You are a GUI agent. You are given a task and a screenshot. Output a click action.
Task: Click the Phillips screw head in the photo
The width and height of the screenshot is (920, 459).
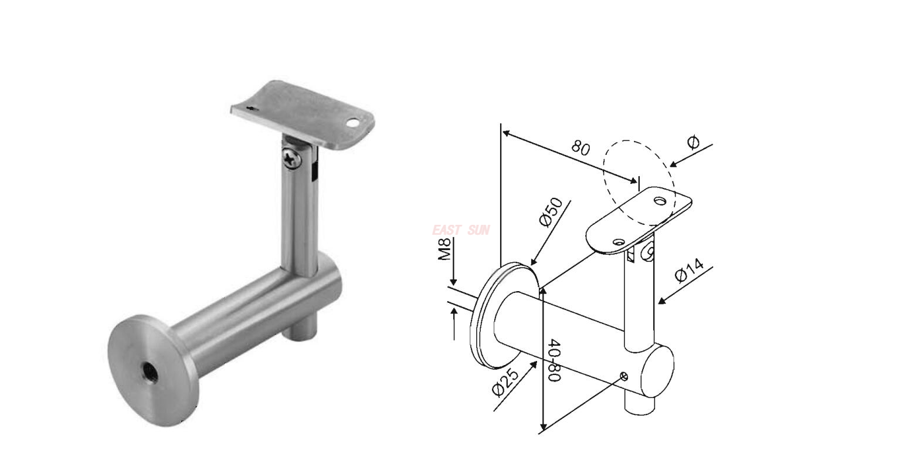click(291, 158)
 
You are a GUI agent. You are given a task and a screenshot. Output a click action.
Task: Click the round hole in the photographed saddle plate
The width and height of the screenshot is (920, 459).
click(352, 124)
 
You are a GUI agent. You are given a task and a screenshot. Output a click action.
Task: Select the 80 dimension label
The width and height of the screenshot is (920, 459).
click(580, 147)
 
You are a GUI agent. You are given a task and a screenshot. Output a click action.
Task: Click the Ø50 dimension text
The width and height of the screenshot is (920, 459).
click(551, 212)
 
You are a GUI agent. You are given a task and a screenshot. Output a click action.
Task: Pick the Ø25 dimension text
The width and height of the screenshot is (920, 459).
click(506, 382)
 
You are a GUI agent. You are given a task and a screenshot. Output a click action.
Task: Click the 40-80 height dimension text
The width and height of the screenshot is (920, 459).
click(554, 360)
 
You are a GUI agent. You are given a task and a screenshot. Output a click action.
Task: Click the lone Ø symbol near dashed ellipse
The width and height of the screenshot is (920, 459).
click(693, 142)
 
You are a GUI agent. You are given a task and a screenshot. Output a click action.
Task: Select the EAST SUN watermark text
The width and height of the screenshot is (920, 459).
click(460, 230)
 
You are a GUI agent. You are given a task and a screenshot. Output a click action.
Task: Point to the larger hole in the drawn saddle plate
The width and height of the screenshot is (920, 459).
click(661, 201)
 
